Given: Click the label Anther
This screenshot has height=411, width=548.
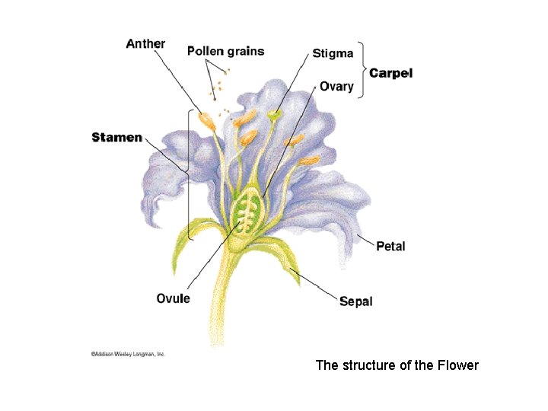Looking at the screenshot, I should point(145,43).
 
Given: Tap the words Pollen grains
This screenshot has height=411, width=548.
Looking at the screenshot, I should point(226,52).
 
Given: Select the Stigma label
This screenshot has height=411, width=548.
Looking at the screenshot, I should point(333,53).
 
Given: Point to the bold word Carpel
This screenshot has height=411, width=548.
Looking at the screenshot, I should point(391,73).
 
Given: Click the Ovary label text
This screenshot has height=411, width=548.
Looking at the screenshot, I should point(336,86).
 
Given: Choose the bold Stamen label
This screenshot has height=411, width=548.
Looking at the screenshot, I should point(116,138).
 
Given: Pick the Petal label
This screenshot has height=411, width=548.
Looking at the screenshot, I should point(391,246).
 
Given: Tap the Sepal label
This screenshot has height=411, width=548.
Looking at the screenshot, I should point(356,302).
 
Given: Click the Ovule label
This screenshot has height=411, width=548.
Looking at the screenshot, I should point(174,298).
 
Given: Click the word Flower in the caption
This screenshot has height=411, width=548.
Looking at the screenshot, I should point(458,365).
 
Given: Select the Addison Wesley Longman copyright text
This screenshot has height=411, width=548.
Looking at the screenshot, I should point(128,354).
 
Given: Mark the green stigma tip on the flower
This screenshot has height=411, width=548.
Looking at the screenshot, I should point(274,115).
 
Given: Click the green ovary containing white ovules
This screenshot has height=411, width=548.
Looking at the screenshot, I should point(247,213).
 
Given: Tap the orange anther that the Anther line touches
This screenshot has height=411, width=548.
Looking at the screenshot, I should point(206,119).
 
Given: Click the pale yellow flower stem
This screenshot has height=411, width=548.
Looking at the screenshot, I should point(223,304).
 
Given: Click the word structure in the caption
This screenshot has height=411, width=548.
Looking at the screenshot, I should point(367,365).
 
